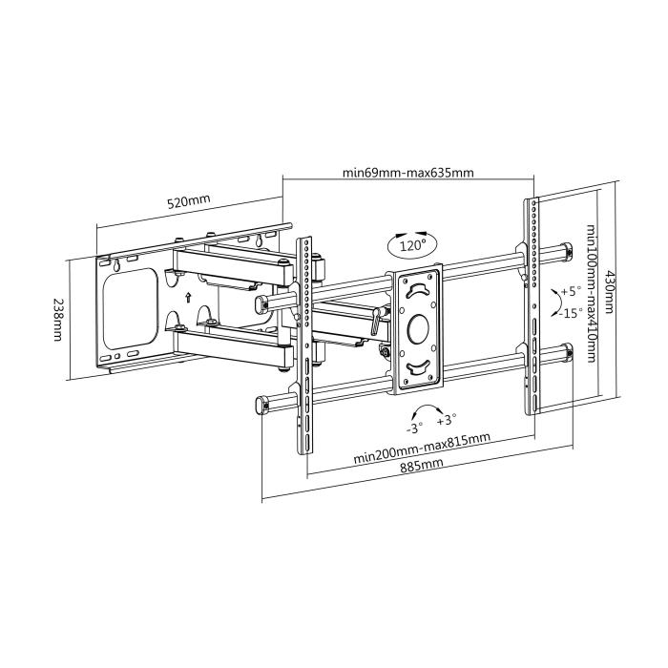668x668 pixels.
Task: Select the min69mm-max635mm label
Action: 408,173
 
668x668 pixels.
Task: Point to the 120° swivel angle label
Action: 412,245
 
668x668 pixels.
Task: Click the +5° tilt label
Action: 571,291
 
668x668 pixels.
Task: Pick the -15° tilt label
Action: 571,312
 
